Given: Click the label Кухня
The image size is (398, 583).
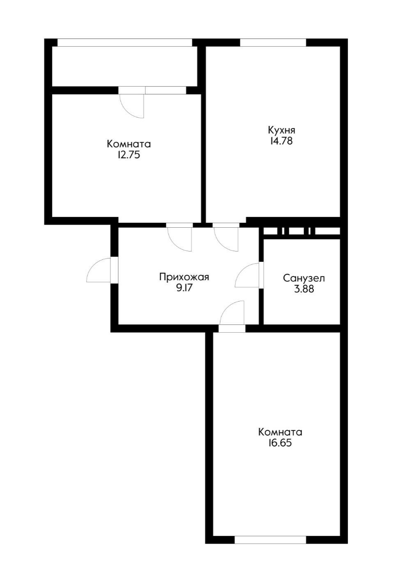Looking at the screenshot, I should [x=281, y=130].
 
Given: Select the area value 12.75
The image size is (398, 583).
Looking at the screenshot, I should [x=129, y=155].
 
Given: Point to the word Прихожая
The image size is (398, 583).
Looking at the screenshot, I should [x=184, y=277].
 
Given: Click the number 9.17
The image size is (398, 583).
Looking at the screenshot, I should [x=184, y=288].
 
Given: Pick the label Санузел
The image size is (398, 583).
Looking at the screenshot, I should [x=304, y=278].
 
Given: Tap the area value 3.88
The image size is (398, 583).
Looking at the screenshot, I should [x=304, y=289].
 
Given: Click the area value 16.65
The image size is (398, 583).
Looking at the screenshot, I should [x=281, y=443].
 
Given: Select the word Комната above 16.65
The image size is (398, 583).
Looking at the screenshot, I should [x=281, y=432].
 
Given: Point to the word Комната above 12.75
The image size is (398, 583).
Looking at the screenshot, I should [x=129, y=144].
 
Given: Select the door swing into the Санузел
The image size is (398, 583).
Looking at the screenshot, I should [x=247, y=276].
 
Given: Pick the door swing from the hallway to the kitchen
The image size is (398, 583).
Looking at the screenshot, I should [x=226, y=238].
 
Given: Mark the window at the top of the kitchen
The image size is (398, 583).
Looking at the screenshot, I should [x=273, y=42].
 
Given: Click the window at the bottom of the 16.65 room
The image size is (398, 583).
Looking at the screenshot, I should [x=271, y=540].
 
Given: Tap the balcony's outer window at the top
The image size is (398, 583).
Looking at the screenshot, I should [x=125, y=42].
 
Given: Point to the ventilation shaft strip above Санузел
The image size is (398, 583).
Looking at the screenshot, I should [x=302, y=231].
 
